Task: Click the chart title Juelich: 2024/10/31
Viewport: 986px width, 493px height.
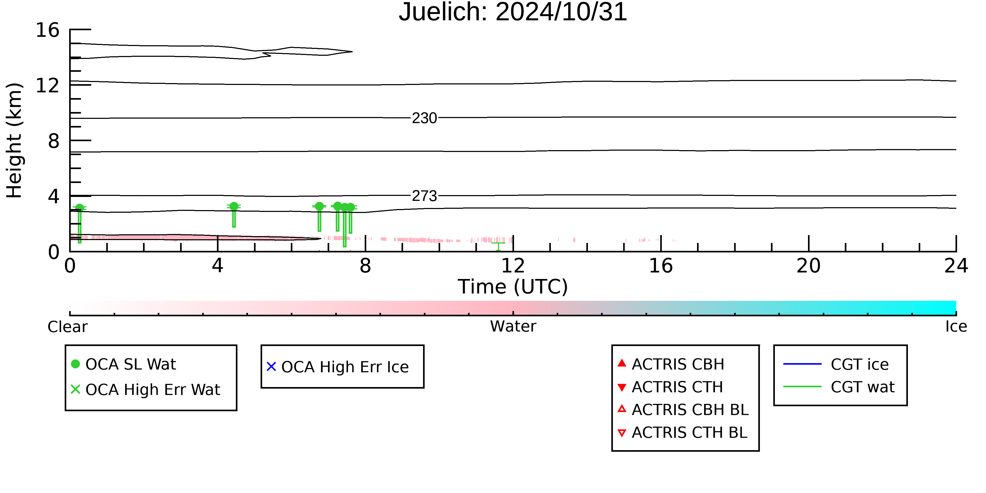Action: pyautogui.click(x=513, y=12)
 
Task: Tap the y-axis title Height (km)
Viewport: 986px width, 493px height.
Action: pyautogui.click(x=14, y=140)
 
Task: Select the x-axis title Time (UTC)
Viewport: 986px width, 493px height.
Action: pyautogui.click(x=513, y=287)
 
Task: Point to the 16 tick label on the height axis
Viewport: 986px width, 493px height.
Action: pyautogui.click(x=48, y=30)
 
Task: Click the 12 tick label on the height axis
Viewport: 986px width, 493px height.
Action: pyautogui.click(x=48, y=85)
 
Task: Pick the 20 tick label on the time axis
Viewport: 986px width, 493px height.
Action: pyautogui.click(x=809, y=266)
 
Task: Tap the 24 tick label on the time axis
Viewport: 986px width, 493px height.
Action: pyautogui.click(x=956, y=266)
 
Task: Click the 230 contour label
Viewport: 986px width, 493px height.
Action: pyautogui.click(x=424, y=118)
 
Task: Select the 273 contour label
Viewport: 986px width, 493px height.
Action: pyautogui.click(x=424, y=196)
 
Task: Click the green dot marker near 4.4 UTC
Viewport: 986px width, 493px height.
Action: pyautogui.click(x=234, y=206)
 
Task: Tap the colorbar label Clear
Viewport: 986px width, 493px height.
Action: pyautogui.click(x=67, y=327)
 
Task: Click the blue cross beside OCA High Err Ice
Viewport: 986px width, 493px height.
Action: pyautogui.click(x=271, y=367)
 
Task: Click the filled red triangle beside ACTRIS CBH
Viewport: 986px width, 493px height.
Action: pyautogui.click(x=622, y=363)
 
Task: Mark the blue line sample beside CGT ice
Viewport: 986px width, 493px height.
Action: pyautogui.click(x=802, y=364)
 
